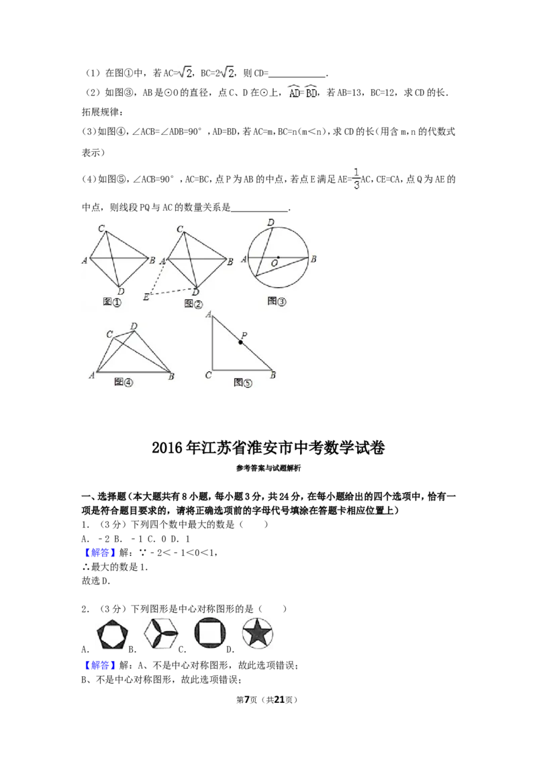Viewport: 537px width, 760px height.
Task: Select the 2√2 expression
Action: [x=226, y=73]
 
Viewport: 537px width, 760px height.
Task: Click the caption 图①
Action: [x=112, y=303]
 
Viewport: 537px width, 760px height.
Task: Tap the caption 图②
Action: [x=193, y=304]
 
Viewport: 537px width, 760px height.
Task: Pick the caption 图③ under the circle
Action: [x=277, y=301]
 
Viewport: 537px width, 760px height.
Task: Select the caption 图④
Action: [x=124, y=382]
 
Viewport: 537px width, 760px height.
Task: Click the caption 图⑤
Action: [x=243, y=383]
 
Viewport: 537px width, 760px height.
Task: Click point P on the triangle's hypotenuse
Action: [x=240, y=342]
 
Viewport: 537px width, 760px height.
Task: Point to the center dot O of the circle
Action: [x=278, y=257]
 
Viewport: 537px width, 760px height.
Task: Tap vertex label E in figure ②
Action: [x=146, y=297]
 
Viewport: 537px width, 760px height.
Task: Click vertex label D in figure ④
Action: [x=134, y=326]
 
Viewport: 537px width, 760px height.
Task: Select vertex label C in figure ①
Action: [x=101, y=229]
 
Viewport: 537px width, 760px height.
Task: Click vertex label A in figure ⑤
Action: [x=209, y=314]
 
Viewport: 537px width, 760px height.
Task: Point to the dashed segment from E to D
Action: [x=173, y=291]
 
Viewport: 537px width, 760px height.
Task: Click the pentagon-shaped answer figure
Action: [x=109, y=633]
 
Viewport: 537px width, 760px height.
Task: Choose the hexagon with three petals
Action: [x=161, y=632]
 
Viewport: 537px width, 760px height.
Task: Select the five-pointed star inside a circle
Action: [x=256, y=632]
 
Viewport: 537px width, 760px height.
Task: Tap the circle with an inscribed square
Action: [x=209, y=632]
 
